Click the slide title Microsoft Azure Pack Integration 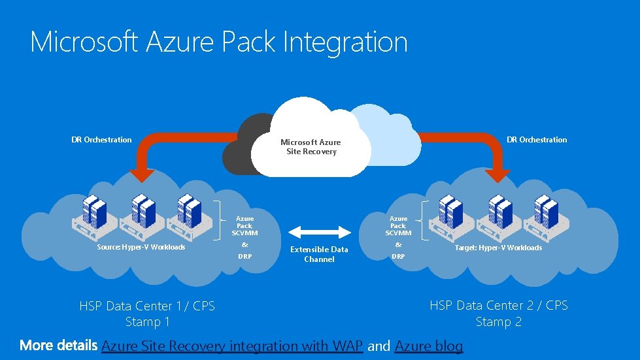point(218,42)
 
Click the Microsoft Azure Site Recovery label point(311,147)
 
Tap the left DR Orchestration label point(101,140)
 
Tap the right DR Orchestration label point(537,140)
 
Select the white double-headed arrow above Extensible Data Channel point(320,231)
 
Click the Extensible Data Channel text point(319,254)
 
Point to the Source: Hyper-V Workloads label point(141,248)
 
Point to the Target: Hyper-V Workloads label point(499,248)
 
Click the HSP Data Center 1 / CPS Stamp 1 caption point(147,314)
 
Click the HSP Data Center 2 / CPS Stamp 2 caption point(499,314)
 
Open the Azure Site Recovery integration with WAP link point(232,346)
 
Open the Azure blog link point(429,346)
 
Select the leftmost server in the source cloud point(93,213)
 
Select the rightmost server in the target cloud point(543,213)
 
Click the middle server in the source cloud point(140,213)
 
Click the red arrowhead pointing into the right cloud point(498,174)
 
